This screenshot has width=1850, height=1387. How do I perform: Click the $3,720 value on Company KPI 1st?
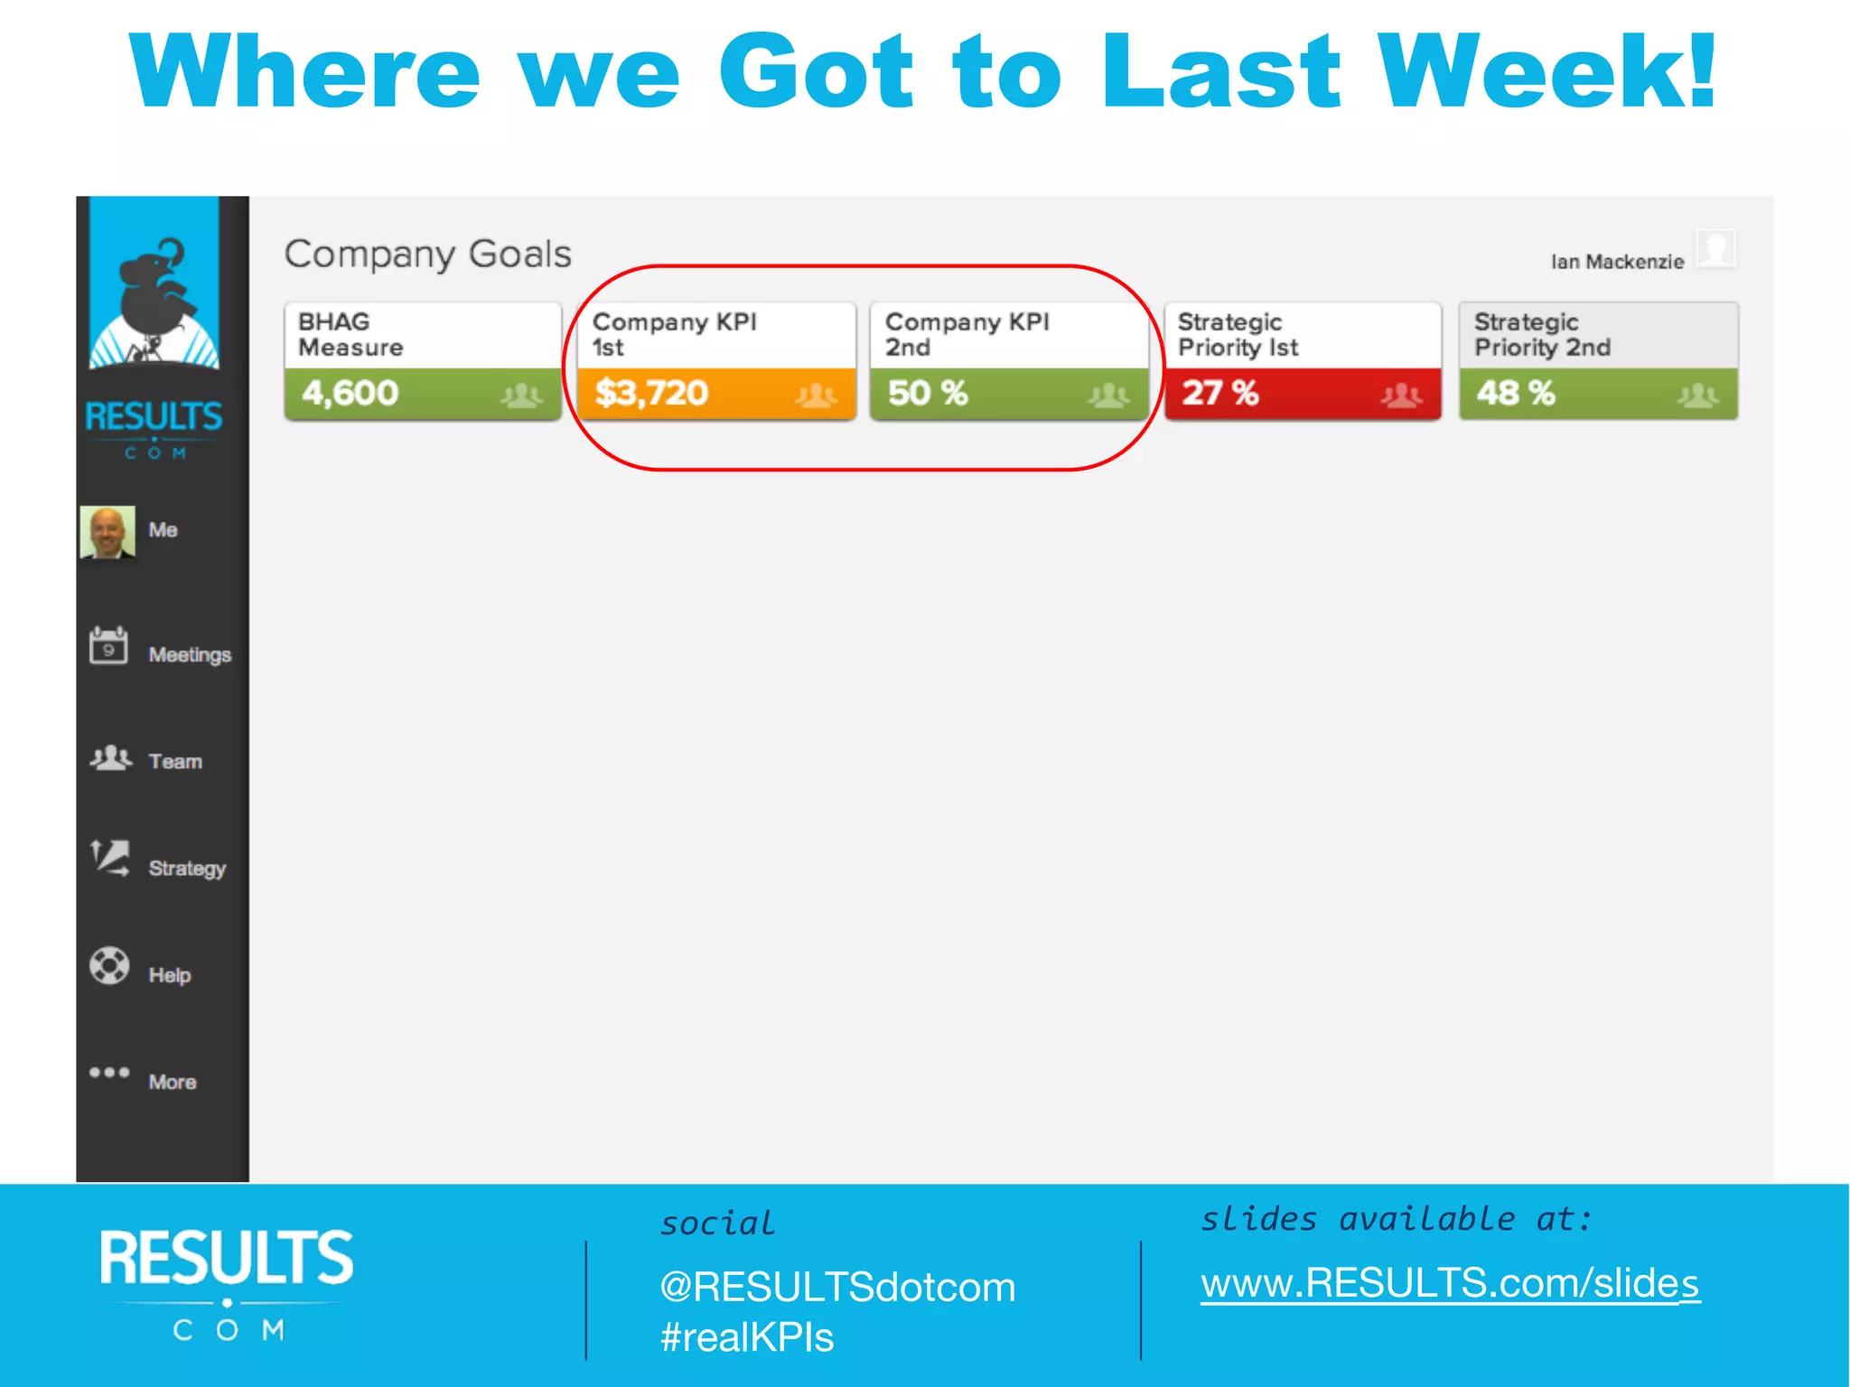pos(651,393)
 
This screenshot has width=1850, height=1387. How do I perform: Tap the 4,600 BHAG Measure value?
pos(350,393)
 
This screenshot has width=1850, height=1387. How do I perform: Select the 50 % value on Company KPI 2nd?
pos(928,393)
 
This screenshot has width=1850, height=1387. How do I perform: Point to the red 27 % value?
pos(1220,393)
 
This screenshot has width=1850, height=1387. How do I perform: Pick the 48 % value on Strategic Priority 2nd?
pos(1516,393)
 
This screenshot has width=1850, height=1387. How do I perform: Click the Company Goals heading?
pos(428,255)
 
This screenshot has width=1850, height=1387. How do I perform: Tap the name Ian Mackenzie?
pos(1617,262)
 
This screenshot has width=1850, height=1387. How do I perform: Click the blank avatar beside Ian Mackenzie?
pos(1715,248)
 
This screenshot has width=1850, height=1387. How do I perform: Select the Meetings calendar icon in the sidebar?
pos(108,646)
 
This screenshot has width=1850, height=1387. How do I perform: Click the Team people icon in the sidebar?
pos(110,758)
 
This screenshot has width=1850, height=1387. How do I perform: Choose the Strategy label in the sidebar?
pos(187,868)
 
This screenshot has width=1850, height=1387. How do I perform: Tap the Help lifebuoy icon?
pos(109,965)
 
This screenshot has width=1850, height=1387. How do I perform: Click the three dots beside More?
pos(109,1073)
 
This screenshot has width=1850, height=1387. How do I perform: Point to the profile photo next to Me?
pos(107,532)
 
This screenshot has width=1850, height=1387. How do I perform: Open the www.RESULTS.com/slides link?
pos(1450,1283)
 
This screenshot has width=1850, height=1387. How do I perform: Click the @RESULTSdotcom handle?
pos(837,1287)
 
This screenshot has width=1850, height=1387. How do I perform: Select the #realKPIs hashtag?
pos(747,1337)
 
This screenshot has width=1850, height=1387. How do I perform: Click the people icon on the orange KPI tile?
pos(816,395)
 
